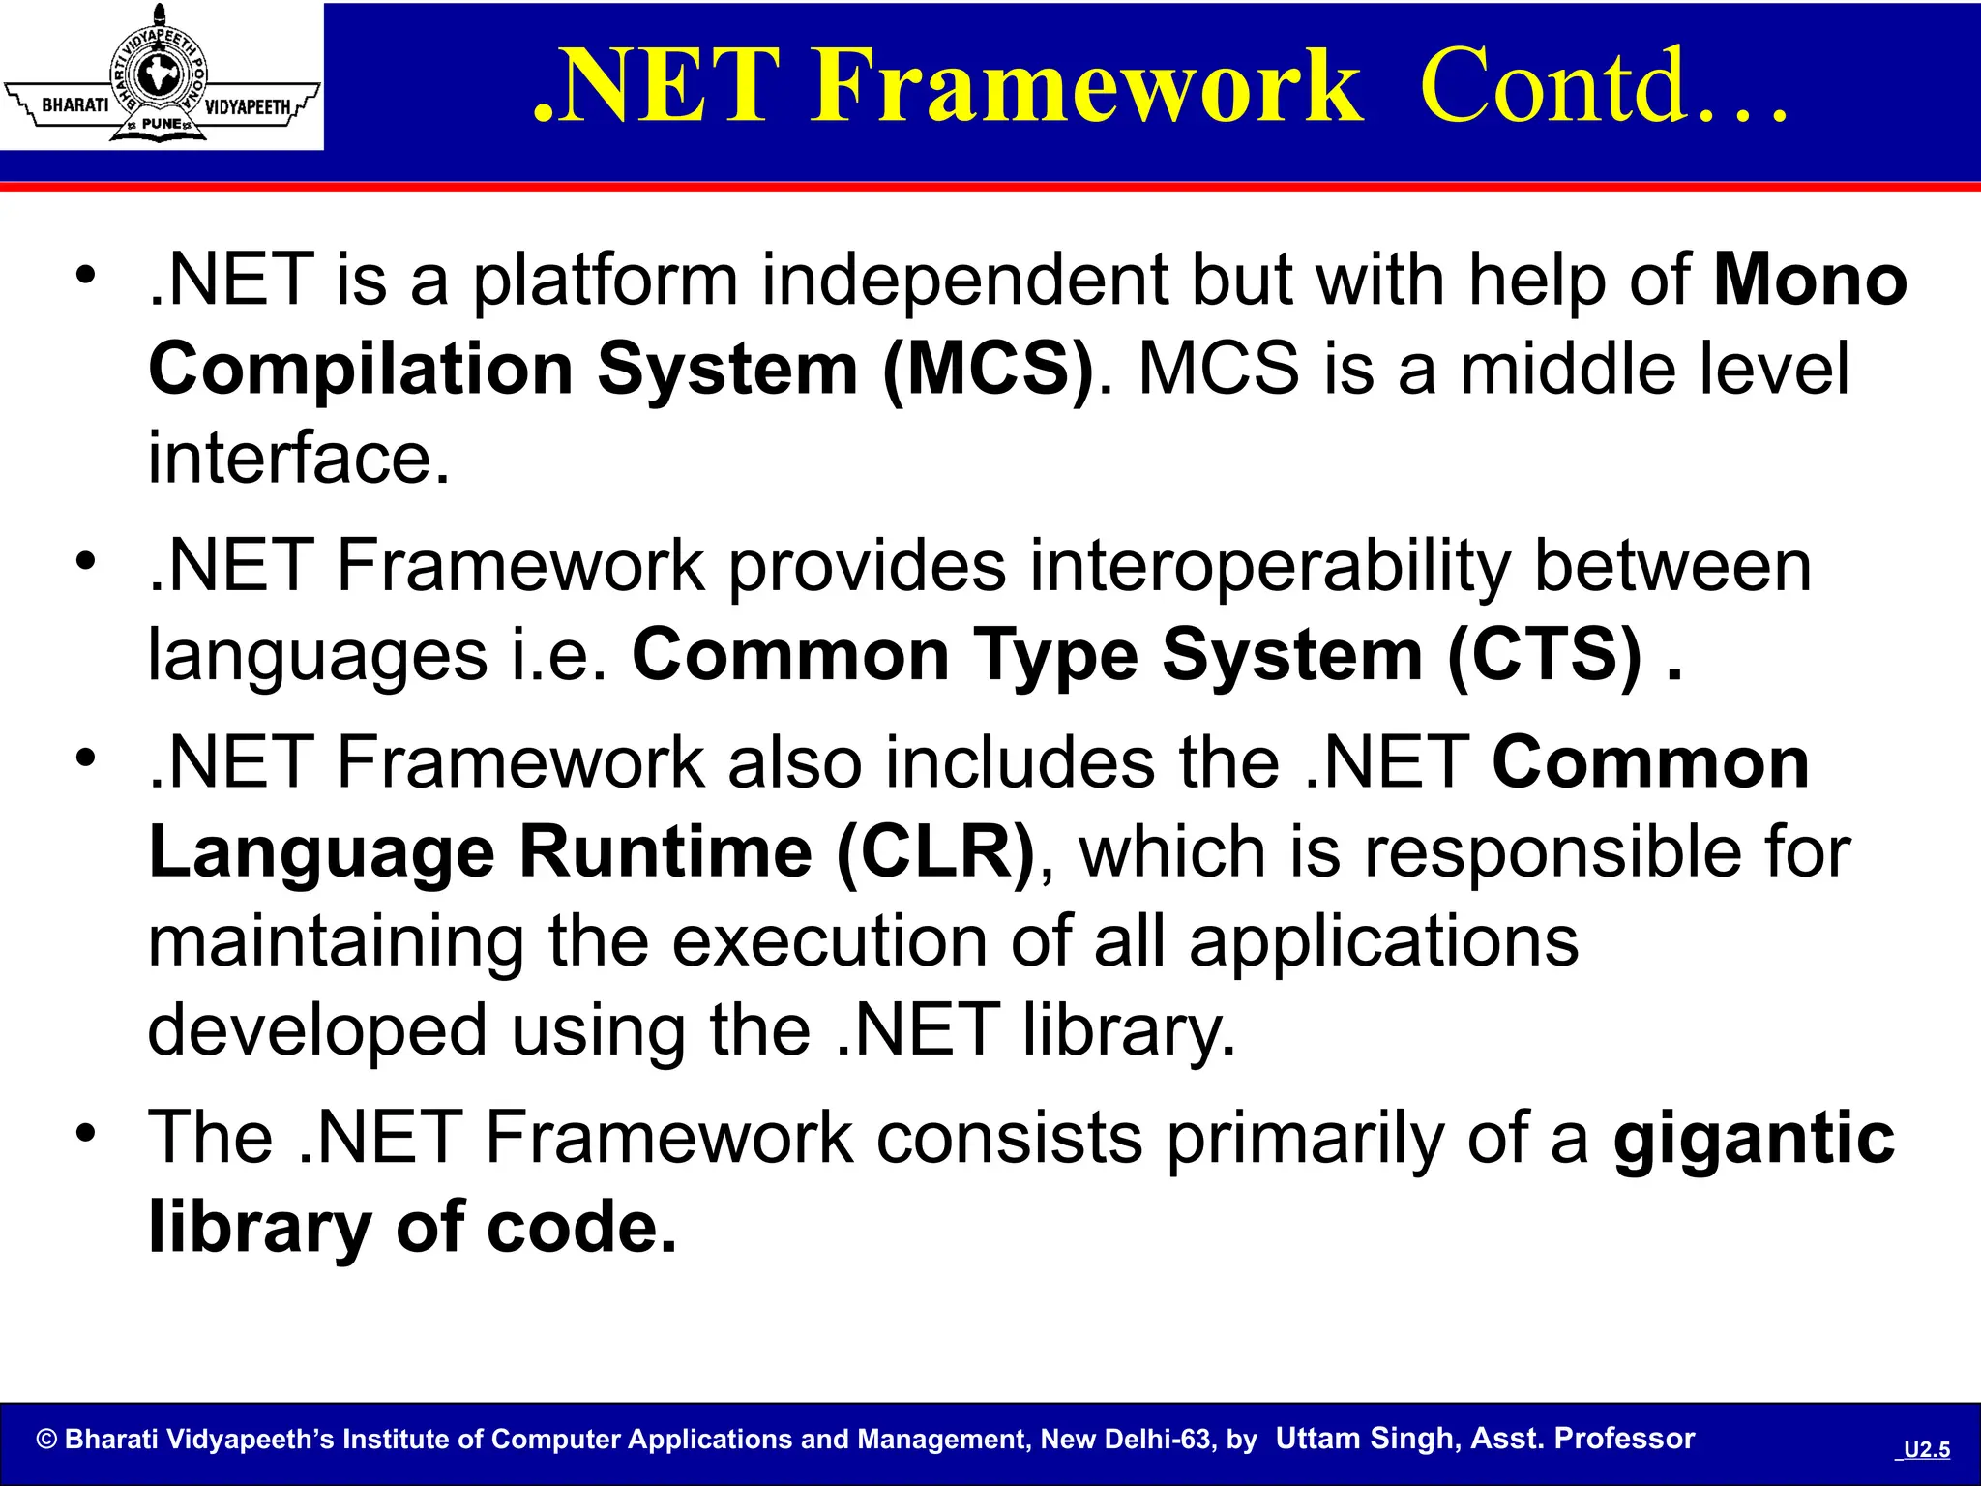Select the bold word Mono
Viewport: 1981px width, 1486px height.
click(x=1810, y=281)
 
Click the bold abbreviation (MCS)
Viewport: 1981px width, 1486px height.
click(x=988, y=370)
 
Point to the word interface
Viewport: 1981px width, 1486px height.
click(x=298, y=459)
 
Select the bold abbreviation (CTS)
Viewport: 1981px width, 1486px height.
click(x=1544, y=656)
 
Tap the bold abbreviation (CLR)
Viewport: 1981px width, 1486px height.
click(x=934, y=853)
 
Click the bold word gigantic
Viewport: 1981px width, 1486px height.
click(x=1754, y=1139)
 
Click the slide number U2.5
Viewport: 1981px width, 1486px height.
click(x=1926, y=1449)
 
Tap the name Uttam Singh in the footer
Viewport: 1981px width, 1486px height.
click(x=1365, y=1439)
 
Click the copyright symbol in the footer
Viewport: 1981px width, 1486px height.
click(x=46, y=1440)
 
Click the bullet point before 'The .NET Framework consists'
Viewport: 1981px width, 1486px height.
click(x=87, y=1133)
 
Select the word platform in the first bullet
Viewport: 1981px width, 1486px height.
click(x=605, y=281)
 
